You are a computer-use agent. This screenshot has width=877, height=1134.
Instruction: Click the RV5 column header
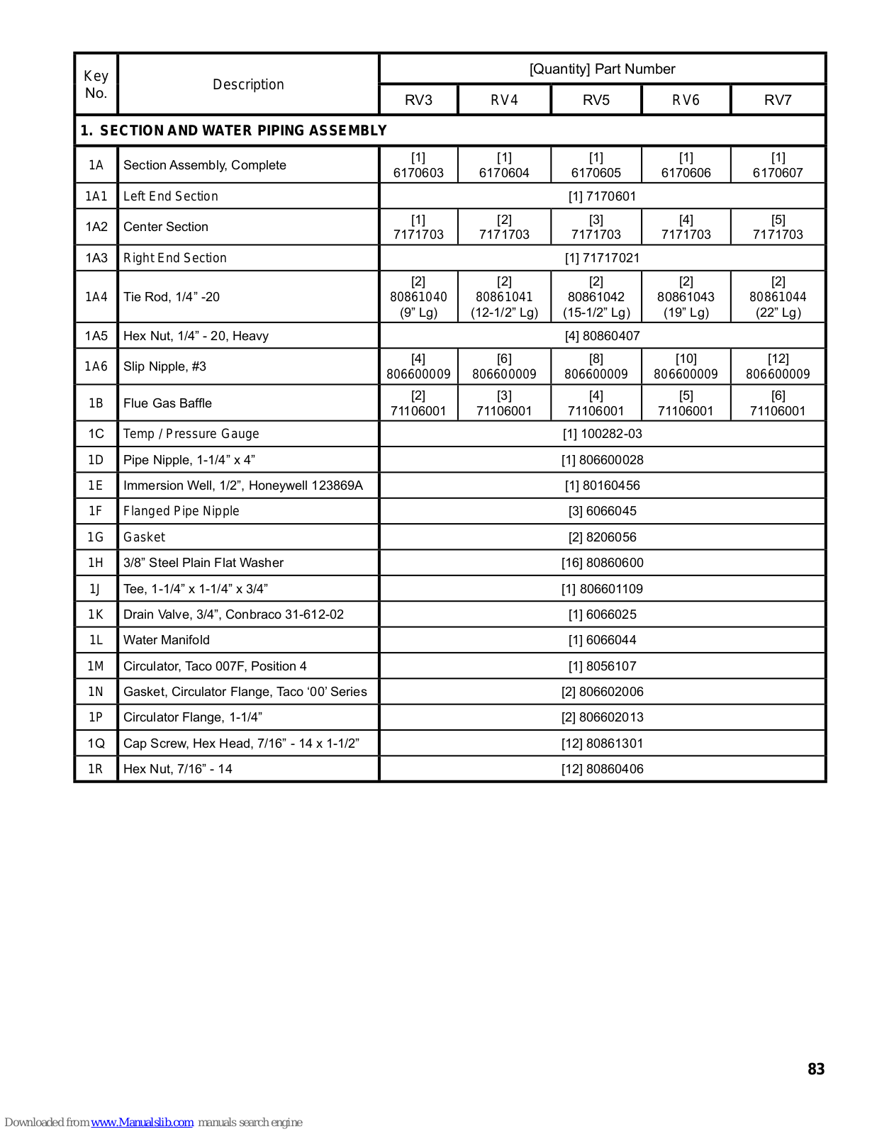(596, 100)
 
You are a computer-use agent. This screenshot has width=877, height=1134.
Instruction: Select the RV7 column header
(777, 100)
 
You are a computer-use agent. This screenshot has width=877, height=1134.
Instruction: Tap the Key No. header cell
(96, 84)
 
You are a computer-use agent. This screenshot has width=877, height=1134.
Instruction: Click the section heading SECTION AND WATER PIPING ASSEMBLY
(233, 130)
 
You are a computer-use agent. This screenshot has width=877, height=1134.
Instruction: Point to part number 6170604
(503, 173)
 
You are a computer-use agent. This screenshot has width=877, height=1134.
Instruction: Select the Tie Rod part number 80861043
(686, 297)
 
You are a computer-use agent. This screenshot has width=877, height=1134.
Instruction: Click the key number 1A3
(96, 258)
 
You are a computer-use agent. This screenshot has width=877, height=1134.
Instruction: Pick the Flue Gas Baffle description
(167, 403)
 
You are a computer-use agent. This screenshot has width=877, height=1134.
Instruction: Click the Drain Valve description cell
(233, 614)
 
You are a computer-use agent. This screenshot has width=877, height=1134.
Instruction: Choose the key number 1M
(96, 666)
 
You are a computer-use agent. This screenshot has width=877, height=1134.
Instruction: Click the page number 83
(816, 1069)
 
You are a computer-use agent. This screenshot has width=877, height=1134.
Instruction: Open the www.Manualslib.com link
(142, 1122)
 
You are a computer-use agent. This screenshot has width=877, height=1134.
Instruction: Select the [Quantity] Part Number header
(602, 69)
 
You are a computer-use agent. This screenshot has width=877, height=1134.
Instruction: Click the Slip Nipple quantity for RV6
(686, 359)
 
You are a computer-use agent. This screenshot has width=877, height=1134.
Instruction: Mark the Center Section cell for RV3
(418, 227)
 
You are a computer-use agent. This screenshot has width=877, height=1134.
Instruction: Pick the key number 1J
(96, 589)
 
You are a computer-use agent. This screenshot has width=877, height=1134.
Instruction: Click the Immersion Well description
(242, 485)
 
